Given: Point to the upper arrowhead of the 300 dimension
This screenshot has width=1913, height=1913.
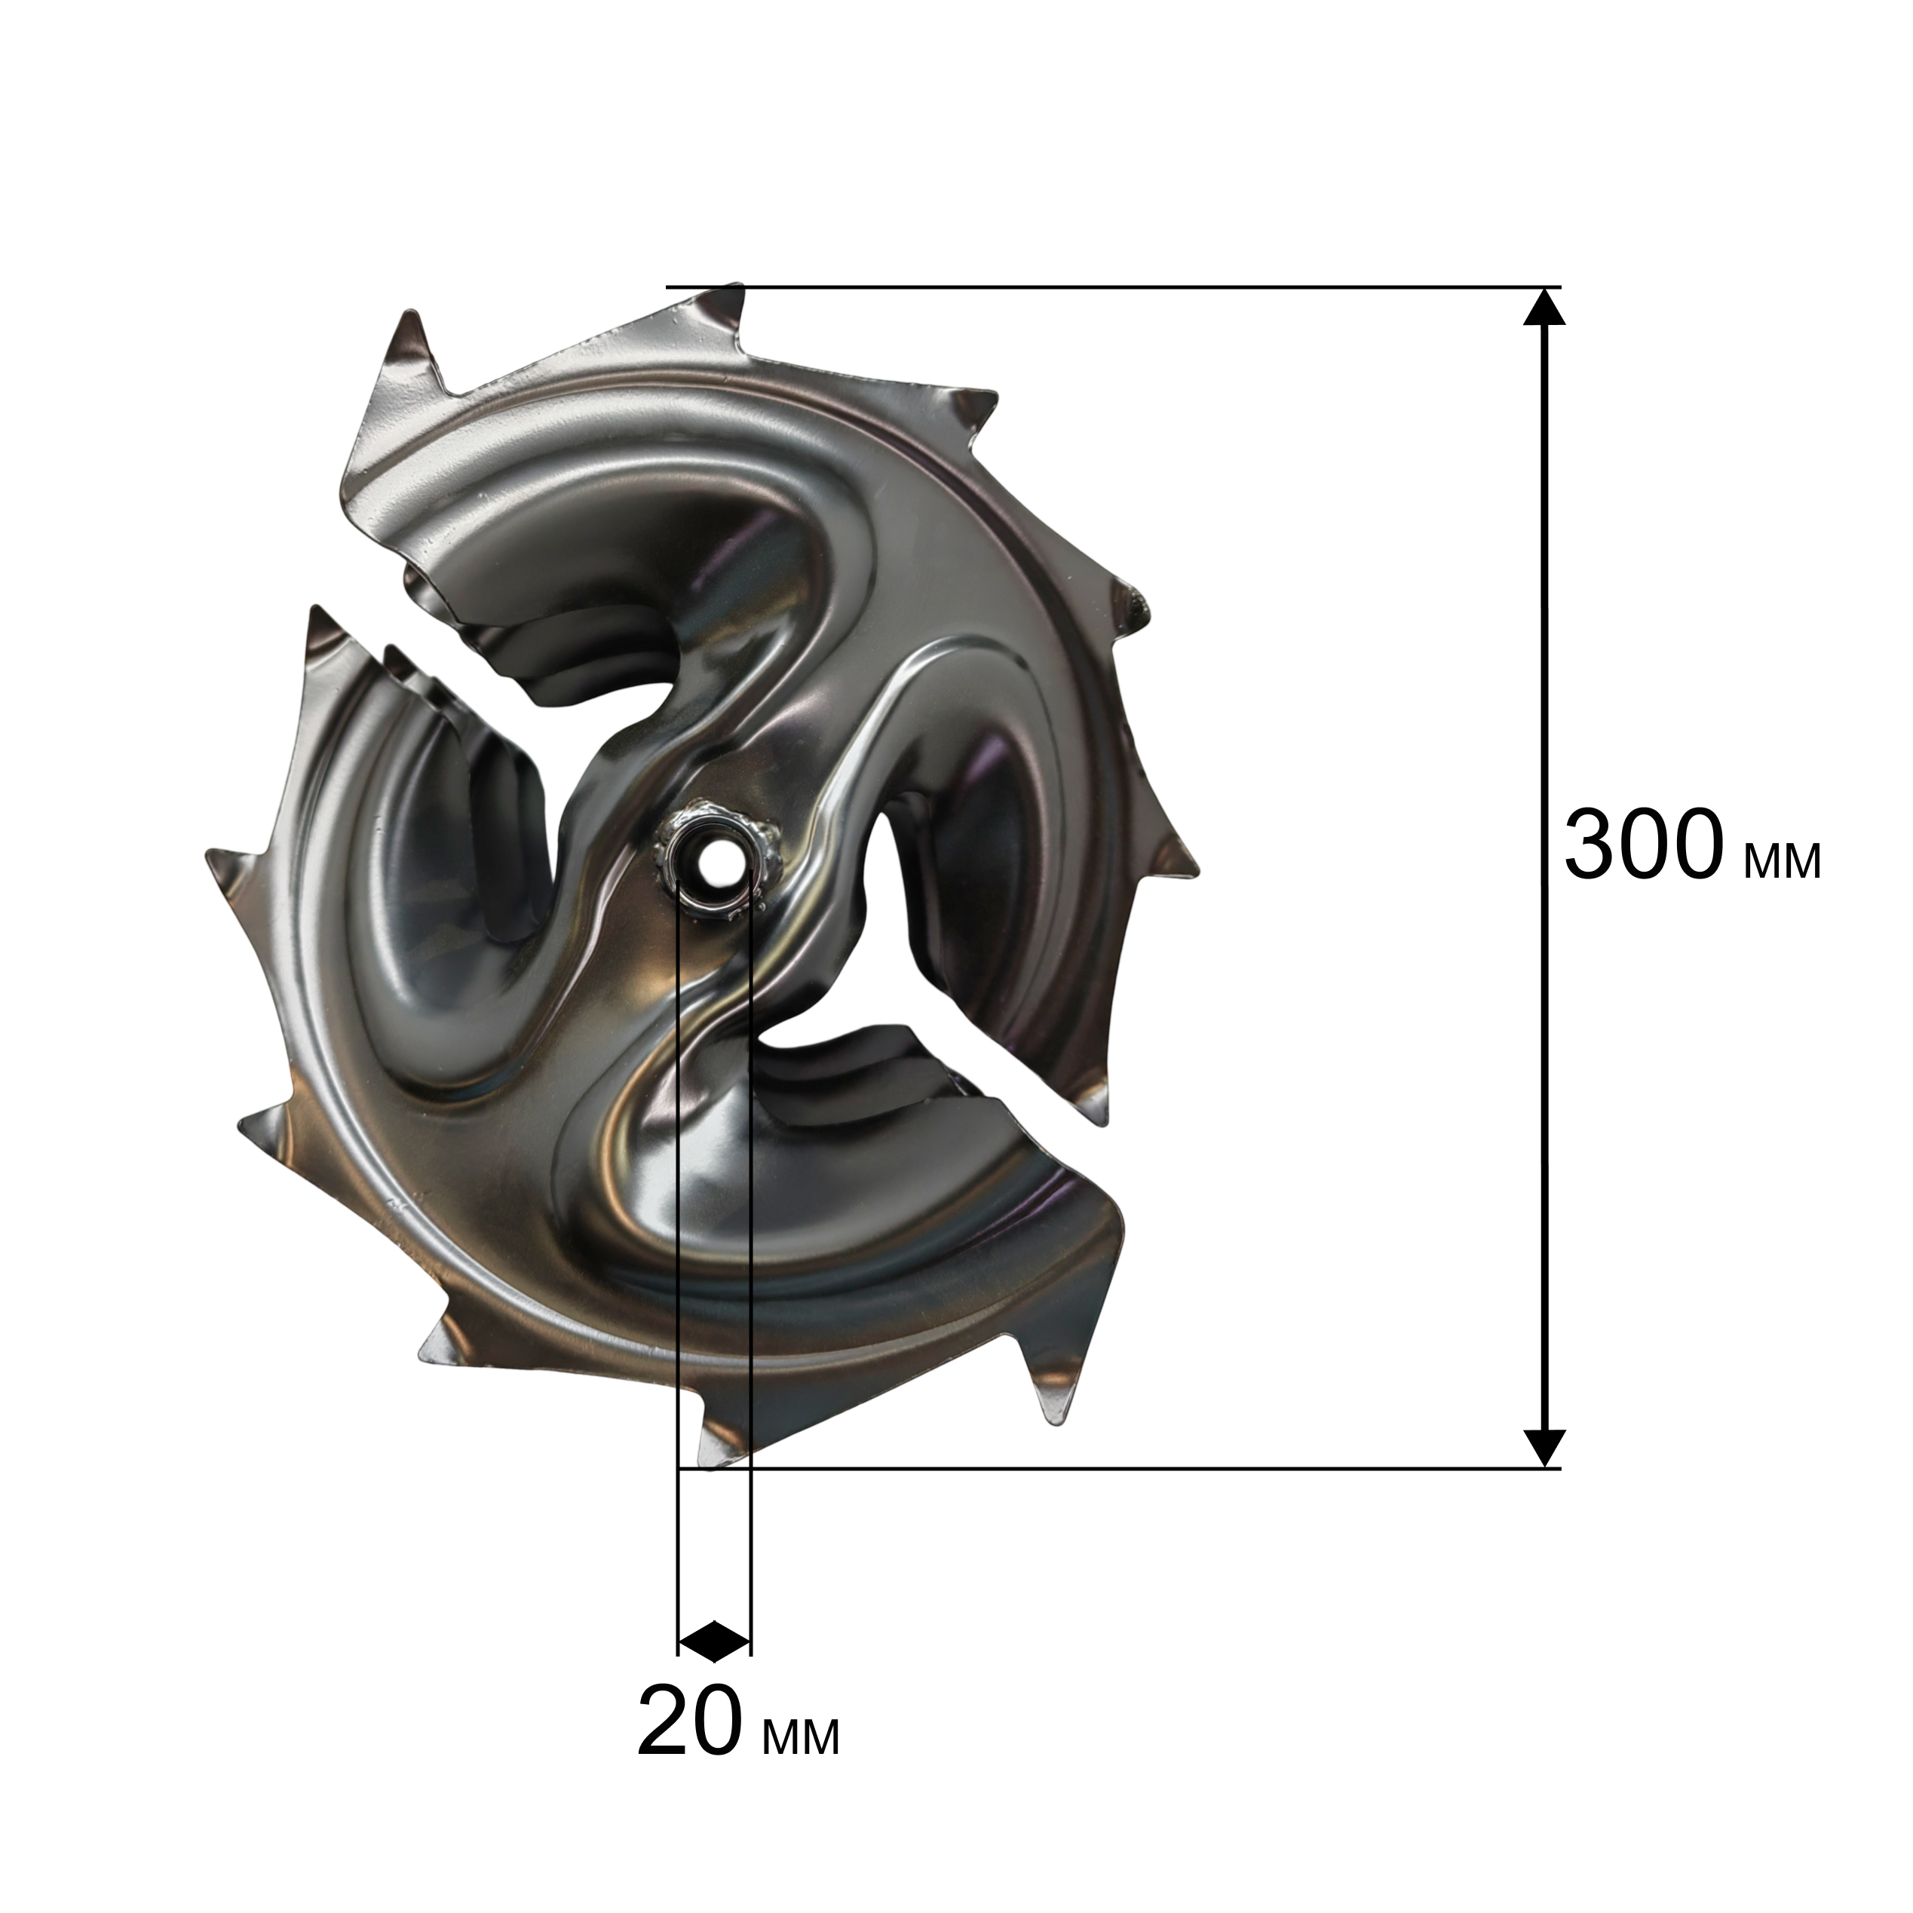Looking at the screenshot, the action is (x=1544, y=307).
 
